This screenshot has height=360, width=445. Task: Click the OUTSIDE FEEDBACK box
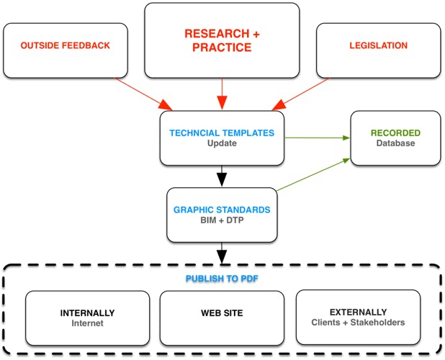tap(66, 46)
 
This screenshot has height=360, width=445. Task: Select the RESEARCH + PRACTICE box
tap(222, 40)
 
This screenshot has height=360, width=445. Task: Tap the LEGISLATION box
tap(378, 46)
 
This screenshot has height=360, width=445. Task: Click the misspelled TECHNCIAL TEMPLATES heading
tap(222, 132)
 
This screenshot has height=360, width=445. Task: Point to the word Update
tap(222, 143)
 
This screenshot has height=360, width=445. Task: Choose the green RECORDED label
tap(395, 132)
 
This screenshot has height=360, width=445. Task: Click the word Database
tap(395, 143)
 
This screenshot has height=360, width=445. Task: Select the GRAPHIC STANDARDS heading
tap(222, 210)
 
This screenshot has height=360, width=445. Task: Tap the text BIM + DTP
tap(222, 220)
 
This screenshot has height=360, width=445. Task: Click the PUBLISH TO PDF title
tap(222, 277)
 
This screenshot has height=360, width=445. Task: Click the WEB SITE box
tap(222, 318)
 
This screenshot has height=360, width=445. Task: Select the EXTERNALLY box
tap(358, 318)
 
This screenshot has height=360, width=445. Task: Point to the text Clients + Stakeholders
tap(358, 323)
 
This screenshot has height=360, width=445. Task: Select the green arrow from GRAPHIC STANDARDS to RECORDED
tap(313, 175)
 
